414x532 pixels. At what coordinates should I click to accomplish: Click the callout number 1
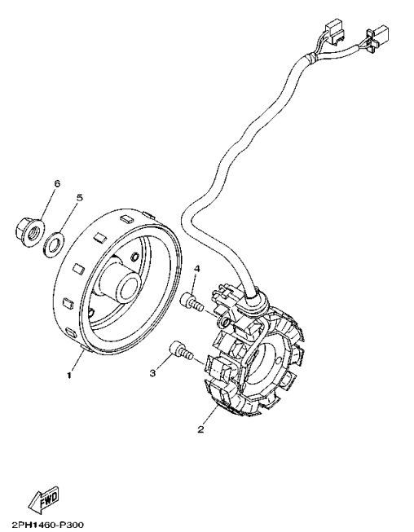coord(69,376)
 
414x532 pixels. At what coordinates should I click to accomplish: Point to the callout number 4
coord(196,269)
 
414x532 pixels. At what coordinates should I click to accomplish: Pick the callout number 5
coord(80,198)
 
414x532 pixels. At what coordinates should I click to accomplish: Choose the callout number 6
coord(56,184)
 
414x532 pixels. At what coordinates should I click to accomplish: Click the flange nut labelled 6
coord(29,231)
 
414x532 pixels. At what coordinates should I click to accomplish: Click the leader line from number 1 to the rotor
coord(77,363)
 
